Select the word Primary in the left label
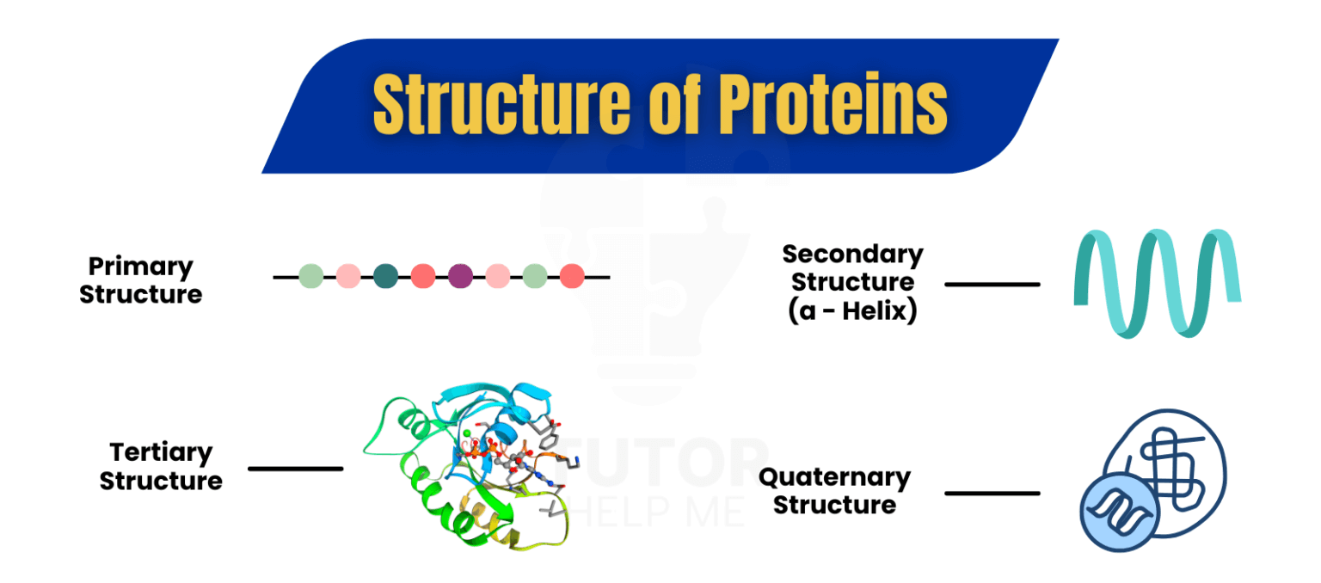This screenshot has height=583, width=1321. [141, 267]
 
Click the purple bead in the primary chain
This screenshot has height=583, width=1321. [460, 276]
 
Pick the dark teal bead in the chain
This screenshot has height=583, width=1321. [386, 276]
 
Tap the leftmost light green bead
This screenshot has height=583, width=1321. [311, 276]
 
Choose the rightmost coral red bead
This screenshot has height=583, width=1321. [572, 276]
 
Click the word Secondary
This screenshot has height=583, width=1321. [852, 255]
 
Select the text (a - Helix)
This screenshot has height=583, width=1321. [852, 310]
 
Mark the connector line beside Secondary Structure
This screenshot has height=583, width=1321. [992, 284]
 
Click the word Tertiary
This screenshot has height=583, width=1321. [161, 452]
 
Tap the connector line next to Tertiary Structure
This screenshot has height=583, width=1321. [295, 469]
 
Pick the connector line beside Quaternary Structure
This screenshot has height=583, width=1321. [992, 493]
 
